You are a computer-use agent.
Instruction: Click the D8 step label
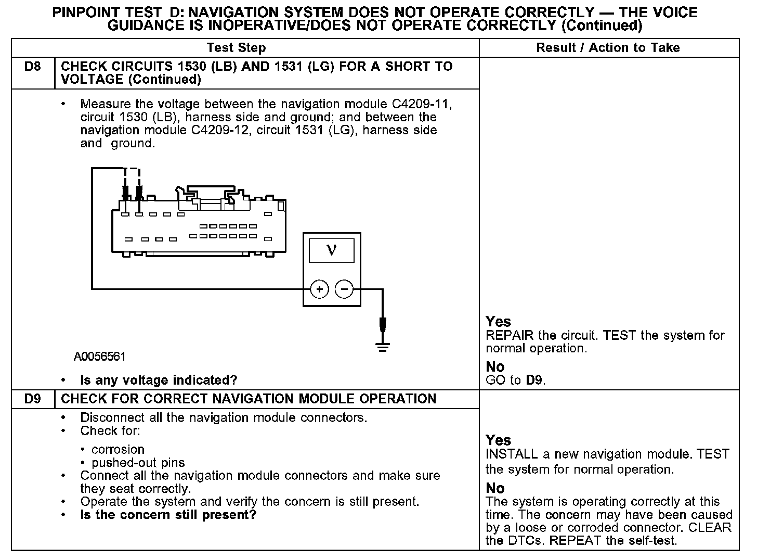[32, 67]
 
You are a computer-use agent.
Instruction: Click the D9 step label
[32, 399]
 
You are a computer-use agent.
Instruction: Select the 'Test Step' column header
[236, 48]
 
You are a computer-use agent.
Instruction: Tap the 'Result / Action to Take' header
[608, 48]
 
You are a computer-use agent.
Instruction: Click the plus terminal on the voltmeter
[319, 289]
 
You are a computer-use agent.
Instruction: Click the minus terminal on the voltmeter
[344, 289]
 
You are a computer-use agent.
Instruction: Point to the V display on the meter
[332, 250]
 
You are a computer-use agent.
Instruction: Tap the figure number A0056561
[100, 357]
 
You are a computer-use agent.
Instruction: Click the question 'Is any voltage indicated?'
[159, 380]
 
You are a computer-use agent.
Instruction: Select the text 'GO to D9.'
[515, 380]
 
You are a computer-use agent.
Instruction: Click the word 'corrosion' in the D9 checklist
[118, 450]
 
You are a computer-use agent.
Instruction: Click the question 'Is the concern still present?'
[168, 515]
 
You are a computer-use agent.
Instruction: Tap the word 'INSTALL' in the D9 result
[512, 454]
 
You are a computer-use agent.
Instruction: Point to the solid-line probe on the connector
[125, 193]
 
